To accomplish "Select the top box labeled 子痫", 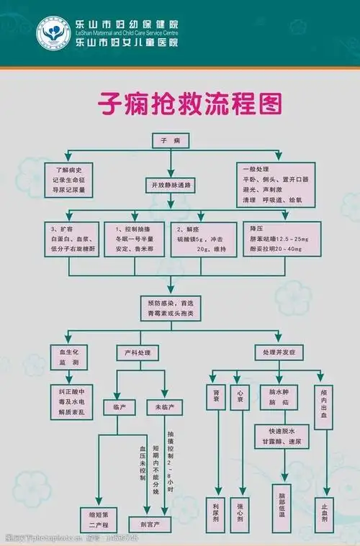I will (x=170, y=140).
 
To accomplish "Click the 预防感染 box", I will (x=171, y=309).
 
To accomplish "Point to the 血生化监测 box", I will (x=68, y=358).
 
